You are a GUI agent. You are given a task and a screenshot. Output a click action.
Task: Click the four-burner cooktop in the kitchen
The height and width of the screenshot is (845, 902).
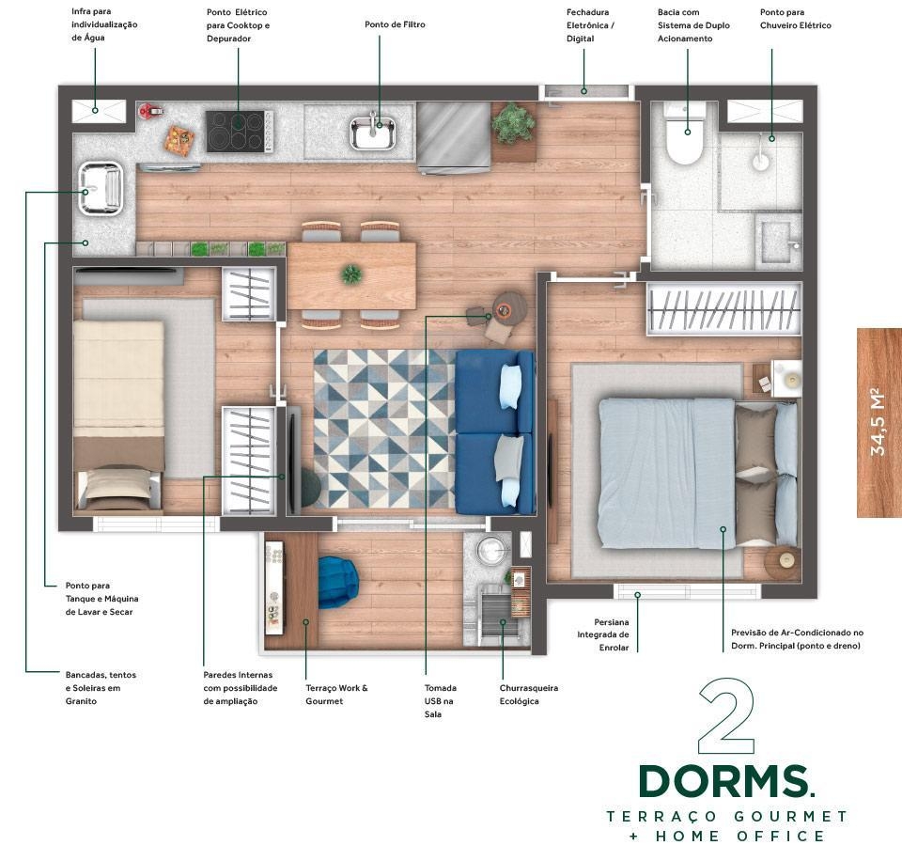pyautogui.click(x=240, y=132)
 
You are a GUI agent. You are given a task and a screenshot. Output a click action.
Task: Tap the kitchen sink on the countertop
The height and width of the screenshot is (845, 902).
pyautogui.click(x=373, y=132)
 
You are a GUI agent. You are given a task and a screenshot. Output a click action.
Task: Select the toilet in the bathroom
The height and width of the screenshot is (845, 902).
pyautogui.click(x=684, y=134)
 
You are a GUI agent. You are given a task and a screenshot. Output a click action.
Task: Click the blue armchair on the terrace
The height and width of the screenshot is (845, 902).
pyautogui.click(x=337, y=582)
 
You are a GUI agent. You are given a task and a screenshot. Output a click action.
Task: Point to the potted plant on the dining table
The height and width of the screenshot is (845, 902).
pyautogui.click(x=350, y=274)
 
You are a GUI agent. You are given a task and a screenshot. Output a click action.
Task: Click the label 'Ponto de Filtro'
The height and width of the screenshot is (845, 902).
pyautogui.click(x=395, y=24)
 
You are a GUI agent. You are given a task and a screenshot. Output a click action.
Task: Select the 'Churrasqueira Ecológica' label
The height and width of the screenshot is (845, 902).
pyautogui.click(x=529, y=695)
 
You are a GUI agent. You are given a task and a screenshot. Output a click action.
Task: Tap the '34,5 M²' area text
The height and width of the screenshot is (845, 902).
pyautogui.click(x=878, y=422)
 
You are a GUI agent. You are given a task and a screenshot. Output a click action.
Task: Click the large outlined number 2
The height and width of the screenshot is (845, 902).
pyautogui.click(x=726, y=716)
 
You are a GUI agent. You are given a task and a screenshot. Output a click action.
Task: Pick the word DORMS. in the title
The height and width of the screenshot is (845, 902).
pyautogui.click(x=726, y=781)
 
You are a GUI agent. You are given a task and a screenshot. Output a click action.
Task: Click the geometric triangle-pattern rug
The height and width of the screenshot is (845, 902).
pyautogui.click(x=385, y=429)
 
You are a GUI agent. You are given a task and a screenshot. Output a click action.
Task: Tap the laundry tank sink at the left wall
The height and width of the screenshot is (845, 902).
pyautogui.click(x=101, y=188)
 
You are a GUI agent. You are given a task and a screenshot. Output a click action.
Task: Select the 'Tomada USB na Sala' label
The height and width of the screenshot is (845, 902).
pyautogui.click(x=441, y=701)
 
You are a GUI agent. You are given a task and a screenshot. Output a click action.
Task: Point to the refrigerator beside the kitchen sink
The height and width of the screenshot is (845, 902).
pyautogui.click(x=453, y=137)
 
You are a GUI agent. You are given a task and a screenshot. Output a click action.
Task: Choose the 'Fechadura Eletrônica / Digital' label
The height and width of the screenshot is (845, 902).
pyautogui.click(x=590, y=25)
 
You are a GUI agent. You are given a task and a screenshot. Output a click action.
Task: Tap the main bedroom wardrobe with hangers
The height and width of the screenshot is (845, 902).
pyautogui.click(x=723, y=309)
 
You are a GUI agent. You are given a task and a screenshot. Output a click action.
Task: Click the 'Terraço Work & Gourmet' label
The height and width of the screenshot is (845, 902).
pyautogui.click(x=336, y=695)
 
